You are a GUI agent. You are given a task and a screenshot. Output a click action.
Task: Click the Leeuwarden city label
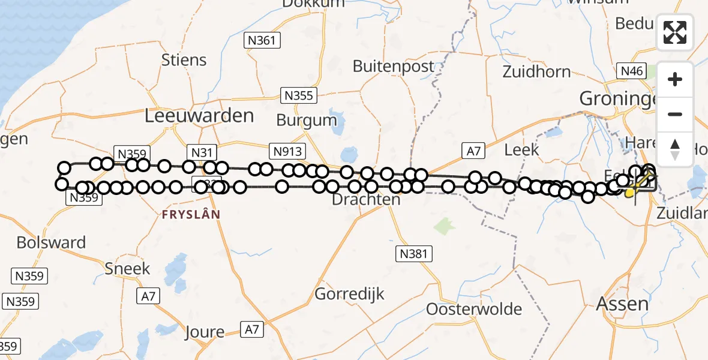pyautogui.click(x=200, y=115)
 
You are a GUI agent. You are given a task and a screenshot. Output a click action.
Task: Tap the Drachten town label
pyautogui.click(x=366, y=200)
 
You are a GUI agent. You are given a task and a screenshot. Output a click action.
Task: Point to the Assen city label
pyautogui.click(x=622, y=304)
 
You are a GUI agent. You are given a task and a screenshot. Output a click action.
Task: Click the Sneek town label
pyautogui.click(x=127, y=268)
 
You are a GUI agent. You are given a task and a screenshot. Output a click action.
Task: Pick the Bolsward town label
pyautogui.click(x=51, y=242)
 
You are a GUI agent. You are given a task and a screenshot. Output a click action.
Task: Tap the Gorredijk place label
pyautogui.click(x=349, y=294)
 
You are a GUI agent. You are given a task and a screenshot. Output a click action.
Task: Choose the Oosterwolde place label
pyautogui.click(x=474, y=310)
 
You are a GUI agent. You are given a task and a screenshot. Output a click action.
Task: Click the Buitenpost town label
pyautogui.click(x=393, y=66)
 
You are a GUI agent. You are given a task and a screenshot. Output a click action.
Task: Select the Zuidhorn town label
pyautogui.click(x=536, y=72)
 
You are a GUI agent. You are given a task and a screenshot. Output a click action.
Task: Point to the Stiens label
pyautogui.click(x=184, y=60)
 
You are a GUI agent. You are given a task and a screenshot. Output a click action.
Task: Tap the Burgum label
pyautogui.click(x=307, y=120)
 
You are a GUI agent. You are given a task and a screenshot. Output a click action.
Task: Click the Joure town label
pyautogui.click(x=205, y=332)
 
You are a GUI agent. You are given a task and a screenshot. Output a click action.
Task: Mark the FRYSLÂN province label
pyautogui.click(x=191, y=214)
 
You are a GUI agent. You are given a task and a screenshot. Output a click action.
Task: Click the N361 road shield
pyautogui.click(x=262, y=41)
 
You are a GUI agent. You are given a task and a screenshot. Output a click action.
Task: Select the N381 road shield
pyautogui.click(x=414, y=254)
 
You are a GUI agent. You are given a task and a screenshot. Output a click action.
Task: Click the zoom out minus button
pyautogui.click(x=675, y=114)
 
